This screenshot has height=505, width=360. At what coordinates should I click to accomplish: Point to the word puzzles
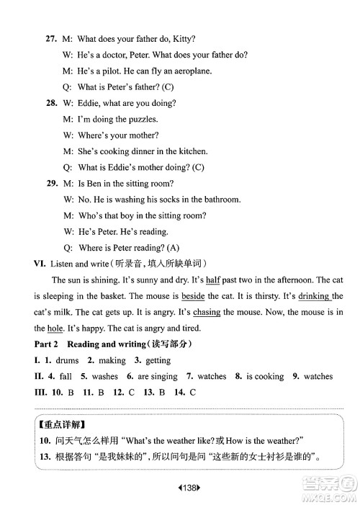141,119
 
